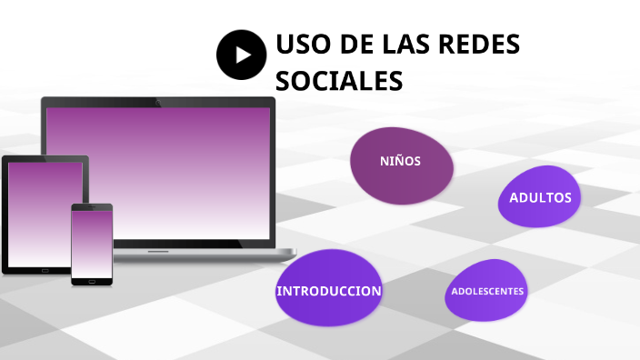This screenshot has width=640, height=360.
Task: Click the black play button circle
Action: coord(241,55)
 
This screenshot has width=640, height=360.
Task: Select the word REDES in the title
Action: coord(479,45)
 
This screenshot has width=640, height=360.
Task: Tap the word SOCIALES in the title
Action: coord(338,81)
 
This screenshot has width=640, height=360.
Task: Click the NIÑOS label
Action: coord(400,161)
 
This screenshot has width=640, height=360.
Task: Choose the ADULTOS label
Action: coord(540,197)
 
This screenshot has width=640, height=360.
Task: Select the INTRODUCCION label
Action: coord(328,291)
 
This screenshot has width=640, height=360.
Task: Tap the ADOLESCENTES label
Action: coord(487,291)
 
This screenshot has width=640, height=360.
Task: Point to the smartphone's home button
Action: coord(92,281)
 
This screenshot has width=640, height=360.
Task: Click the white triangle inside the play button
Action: coord(243,55)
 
